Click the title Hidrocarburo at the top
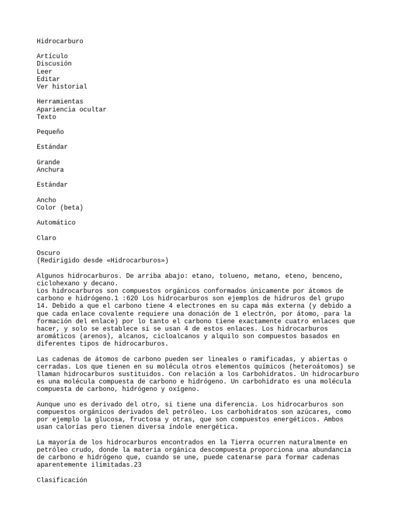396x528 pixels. coord(60,41)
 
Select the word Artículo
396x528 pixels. coord(52,56)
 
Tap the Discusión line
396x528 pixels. coord(54,64)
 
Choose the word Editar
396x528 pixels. coord(48,79)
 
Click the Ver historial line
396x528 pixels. coord(62,87)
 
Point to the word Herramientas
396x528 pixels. coord(60,102)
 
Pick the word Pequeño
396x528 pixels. coord(52,132)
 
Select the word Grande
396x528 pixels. coord(48,162)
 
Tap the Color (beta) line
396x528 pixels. coord(60,208)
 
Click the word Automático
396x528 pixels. coord(56,223)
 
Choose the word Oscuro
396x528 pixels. coord(48,253)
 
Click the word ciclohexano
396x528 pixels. coord(58,284)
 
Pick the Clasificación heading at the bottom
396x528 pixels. coord(62,480)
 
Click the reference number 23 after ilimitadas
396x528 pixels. coord(138,465)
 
